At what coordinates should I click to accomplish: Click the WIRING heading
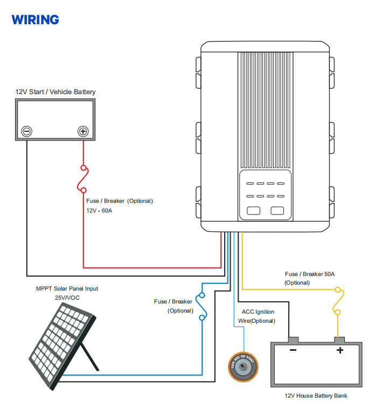[x=35, y=20]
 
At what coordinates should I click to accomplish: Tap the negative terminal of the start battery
[x=26, y=131]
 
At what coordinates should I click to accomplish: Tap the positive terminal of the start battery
[x=83, y=131]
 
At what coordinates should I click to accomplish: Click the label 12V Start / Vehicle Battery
[x=55, y=92]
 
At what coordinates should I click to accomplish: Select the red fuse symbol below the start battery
[x=83, y=178]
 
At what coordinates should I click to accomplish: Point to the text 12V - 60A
[x=100, y=210]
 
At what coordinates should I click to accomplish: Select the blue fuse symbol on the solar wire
[x=202, y=306]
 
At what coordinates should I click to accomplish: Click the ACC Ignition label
[x=258, y=312]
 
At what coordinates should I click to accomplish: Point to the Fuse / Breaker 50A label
[x=310, y=274]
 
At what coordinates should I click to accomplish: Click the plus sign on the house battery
[x=340, y=350]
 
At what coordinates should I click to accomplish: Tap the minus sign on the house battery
[x=293, y=350]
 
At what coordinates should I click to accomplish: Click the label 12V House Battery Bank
[x=316, y=396]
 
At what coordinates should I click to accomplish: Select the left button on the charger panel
[x=253, y=211]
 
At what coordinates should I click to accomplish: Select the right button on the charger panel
[x=277, y=211]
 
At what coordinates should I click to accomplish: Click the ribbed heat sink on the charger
[x=265, y=108]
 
